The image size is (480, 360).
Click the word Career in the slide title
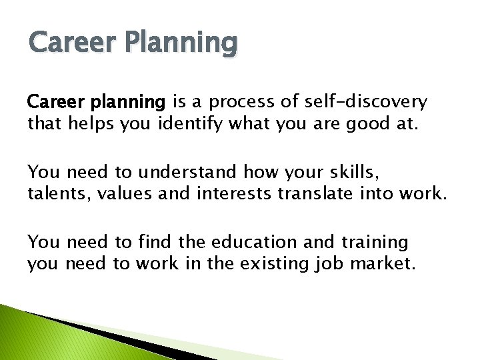65,43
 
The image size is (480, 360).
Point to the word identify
191,123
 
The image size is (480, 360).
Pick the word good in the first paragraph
360,123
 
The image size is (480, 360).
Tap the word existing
275,263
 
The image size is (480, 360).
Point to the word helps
91,123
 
